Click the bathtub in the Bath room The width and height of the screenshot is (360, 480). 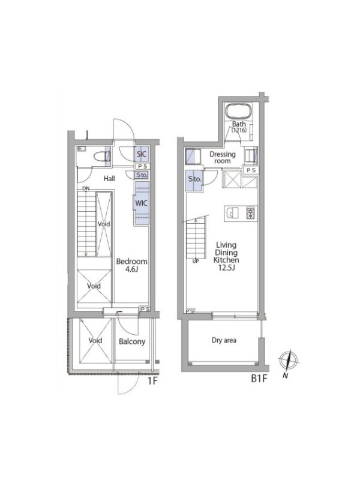(x=239, y=111)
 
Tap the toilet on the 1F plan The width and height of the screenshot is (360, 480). (x=101, y=157)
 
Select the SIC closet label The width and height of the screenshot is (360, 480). (x=142, y=154)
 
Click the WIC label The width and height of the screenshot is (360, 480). (x=141, y=203)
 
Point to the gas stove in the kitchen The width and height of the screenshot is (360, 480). (x=251, y=213)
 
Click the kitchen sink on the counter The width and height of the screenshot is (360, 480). (x=232, y=213)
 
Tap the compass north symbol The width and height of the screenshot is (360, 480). (x=289, y=360)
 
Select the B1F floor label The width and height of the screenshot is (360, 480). (x=259, y=379)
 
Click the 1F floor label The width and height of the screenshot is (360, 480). (x=152, y=381)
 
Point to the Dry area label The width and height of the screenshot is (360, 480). (x=224, y=340)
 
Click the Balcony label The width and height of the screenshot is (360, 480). (x=132, y=341)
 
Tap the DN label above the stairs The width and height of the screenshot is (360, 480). (x=86, y=188)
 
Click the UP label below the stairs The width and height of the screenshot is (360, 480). (x=196, y=261)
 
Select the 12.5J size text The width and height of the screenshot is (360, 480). (x=226, y=268)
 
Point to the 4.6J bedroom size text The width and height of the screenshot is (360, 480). (x=131, y=269)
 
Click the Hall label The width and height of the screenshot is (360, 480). (x=109, y=178)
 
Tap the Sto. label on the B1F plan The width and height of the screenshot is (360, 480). (x=194, y=179)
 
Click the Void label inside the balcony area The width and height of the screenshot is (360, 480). (x=95, y=340)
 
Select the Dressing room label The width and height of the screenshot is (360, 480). (x=223, y=157)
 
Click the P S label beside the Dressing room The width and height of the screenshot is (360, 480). (x=251, y=170)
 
